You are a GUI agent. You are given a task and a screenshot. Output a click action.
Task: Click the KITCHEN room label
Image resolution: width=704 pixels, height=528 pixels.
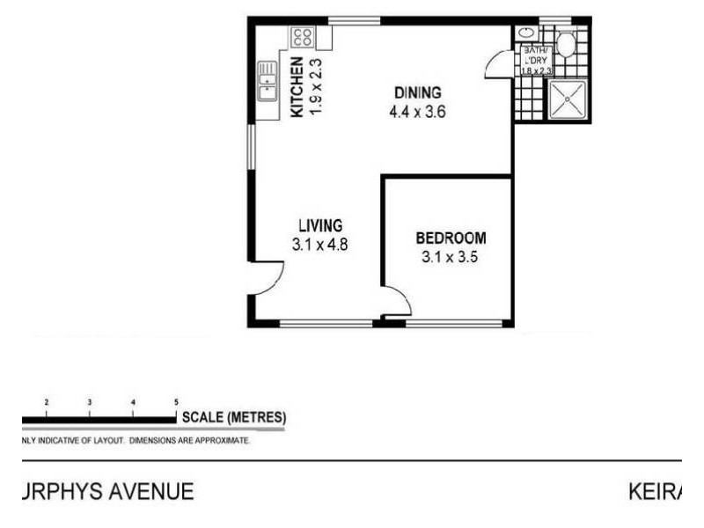(297, 87)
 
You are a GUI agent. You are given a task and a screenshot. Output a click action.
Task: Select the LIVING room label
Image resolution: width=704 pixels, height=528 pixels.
(319, 225)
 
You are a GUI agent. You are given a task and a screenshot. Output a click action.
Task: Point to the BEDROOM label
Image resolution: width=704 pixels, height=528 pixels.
(451, 238)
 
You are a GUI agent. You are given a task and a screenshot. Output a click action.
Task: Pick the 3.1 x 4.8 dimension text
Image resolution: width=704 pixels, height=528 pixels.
(320, 246)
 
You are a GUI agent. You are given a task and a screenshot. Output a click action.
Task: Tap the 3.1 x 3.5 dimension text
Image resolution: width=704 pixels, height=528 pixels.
(450, 258)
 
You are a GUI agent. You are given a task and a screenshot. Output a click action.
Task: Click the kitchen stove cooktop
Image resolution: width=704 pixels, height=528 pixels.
(303, 37)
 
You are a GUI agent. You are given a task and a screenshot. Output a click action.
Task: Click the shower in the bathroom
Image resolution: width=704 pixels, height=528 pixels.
(568, 99)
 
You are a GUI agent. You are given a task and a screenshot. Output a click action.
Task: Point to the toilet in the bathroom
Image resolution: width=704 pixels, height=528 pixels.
(565, 44)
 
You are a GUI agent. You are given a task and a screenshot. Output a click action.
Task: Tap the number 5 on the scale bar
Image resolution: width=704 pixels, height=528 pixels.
(177, 401)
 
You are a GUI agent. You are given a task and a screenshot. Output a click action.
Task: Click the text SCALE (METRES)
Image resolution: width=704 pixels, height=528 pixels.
(233, 416)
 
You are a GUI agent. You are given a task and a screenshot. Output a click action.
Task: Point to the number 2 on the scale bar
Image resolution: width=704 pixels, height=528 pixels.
(46, 401)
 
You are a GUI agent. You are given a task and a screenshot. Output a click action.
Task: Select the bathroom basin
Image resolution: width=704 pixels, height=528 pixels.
(527, 33)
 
